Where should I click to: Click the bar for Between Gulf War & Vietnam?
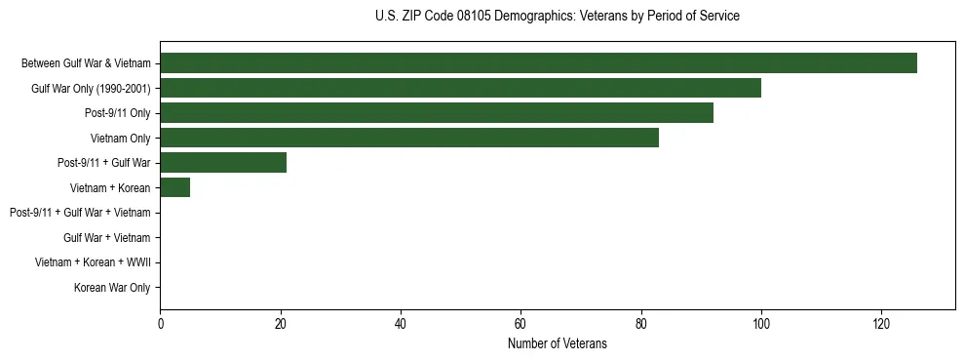click(538, 63)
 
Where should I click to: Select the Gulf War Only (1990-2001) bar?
click(460, 88)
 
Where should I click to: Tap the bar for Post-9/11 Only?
click(437, 113)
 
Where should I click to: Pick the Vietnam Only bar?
click(409, 138)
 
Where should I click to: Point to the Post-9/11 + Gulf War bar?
click(223, 163)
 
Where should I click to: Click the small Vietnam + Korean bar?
click(175, 187)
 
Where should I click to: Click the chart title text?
click(557, 16)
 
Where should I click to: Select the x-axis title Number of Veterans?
click(557, 343)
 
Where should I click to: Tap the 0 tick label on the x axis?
click(161, 323)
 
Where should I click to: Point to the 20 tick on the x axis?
click(281, 323)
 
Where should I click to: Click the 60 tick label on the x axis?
click(521, 323)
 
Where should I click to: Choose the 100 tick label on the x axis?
click(761, 323)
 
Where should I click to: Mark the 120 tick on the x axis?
click(881, 323)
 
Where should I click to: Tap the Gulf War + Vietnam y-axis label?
click(107, 238)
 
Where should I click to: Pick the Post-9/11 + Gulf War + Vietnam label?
click(80, 213)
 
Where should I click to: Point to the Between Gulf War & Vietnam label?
click(86, 63)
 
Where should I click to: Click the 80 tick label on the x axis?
click(640, 323)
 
